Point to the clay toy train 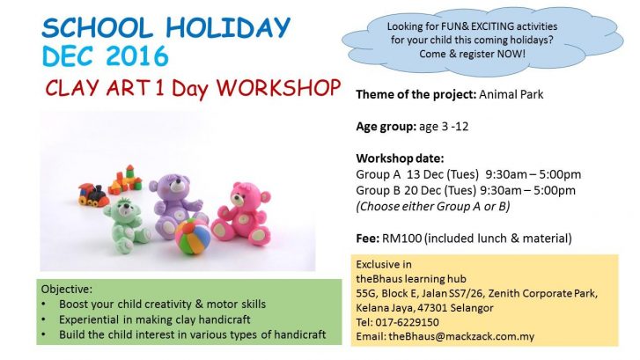[94, 191]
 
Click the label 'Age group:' [384, 126]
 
